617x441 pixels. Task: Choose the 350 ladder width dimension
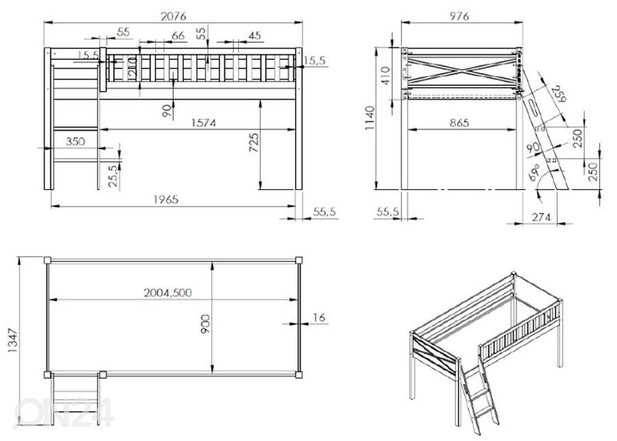75,141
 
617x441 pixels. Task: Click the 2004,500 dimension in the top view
167,293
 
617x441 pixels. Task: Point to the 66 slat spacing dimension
177,35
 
